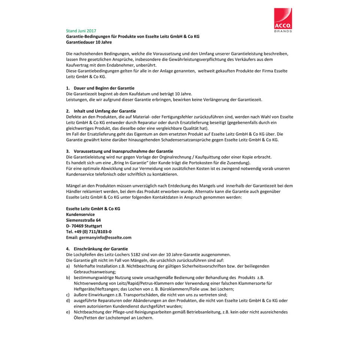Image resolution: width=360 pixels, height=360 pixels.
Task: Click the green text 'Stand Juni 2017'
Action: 81,31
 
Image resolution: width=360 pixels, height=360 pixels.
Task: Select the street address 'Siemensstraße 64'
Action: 83,220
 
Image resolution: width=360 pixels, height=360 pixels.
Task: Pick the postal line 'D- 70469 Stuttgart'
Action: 84,226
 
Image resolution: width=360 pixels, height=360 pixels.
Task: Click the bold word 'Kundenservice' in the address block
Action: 80,214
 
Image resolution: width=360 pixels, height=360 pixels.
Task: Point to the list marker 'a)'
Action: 68,266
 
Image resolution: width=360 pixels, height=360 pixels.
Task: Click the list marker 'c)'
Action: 68,295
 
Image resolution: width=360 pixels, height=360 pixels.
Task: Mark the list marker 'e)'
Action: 68,312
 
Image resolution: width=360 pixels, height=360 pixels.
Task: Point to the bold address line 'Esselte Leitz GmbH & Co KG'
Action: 93,209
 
